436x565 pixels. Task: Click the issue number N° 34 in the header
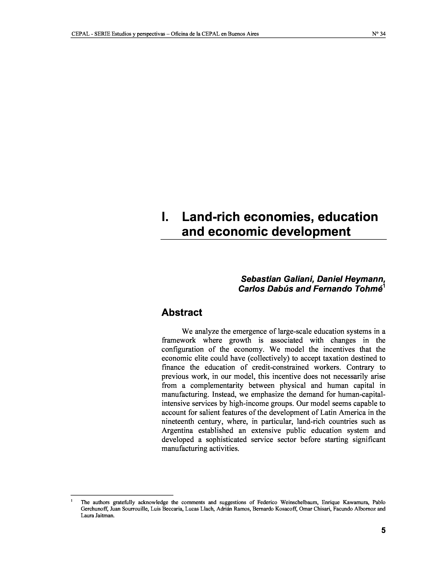click(x=379, y=34)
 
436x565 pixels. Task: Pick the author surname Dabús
click(x=280, y=289)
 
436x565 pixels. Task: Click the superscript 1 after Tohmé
click(x=384, y=286)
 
